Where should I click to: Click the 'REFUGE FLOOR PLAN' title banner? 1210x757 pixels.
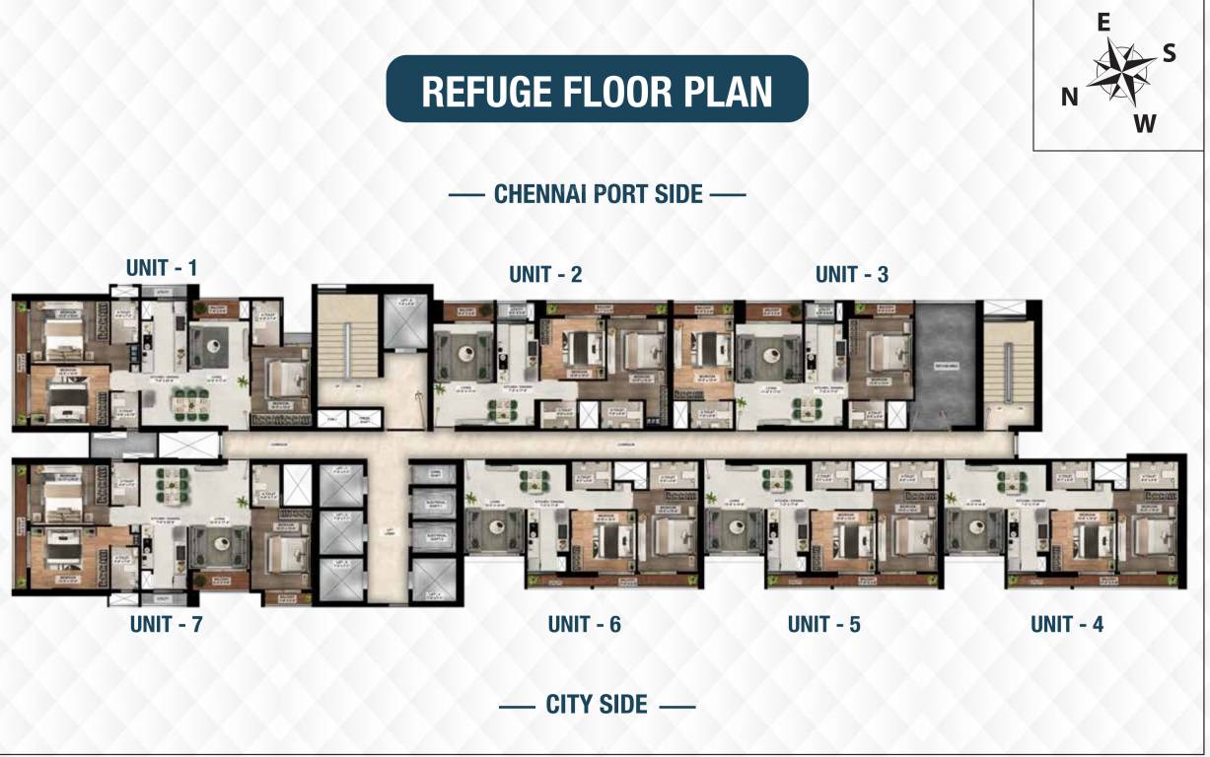(597, 90)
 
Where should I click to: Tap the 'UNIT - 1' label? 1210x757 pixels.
(162, 267)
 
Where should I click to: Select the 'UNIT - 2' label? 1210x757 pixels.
(545, 275)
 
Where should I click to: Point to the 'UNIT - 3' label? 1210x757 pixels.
(851, 275)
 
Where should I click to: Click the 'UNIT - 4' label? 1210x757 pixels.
(1067, 624)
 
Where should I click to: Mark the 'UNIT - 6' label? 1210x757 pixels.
(584, 624)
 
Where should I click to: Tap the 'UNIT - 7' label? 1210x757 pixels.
(166, 624)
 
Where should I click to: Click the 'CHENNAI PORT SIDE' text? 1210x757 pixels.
(598, 194)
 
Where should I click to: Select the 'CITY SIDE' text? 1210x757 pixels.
(597, 705)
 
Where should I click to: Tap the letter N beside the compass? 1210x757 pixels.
(1069, 97)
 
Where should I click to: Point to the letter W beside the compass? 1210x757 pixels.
(1144, 123)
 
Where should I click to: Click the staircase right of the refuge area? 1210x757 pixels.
(1007, 360)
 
